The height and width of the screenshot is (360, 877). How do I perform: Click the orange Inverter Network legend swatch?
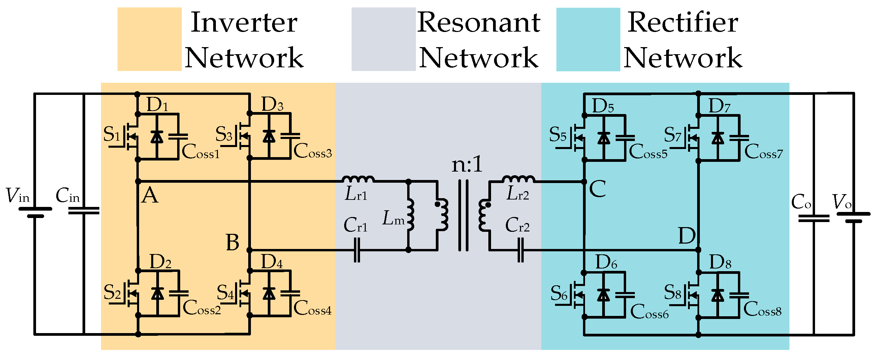click(x=149, y=39)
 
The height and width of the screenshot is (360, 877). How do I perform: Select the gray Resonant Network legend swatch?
click(x=383, y=39)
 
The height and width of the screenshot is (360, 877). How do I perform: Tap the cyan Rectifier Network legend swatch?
click(x=588, y=39)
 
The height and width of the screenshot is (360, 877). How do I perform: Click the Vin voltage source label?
click(x=18, y=196)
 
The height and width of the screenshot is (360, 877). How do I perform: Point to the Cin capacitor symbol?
click(x=84, y=211)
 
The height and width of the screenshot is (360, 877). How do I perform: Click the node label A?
click(x=150, y=196)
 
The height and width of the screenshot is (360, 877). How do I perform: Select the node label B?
click(x=232, y=243)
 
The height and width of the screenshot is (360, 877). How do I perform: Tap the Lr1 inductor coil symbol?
click(x=358, y=179)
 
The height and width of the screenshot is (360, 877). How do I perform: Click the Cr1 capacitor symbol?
click(x=356, y=250)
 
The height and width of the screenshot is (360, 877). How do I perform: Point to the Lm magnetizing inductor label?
click(x=394, y=218)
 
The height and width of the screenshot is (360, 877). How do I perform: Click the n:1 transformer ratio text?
click(x=467, y=165)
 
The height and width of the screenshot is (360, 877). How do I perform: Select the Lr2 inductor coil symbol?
click(x=518, y=179)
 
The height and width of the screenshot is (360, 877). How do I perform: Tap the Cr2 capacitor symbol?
click(x=521, y=250)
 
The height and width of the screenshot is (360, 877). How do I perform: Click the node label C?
click(x=597, y=189)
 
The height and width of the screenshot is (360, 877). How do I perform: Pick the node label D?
click(x=687, y=236)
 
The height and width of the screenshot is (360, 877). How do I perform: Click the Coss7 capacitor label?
click(x=764, y=152)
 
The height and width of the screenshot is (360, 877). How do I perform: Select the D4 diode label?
click(x=272, y=262)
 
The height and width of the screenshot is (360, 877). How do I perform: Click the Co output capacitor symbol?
click(x=814, y=218)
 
